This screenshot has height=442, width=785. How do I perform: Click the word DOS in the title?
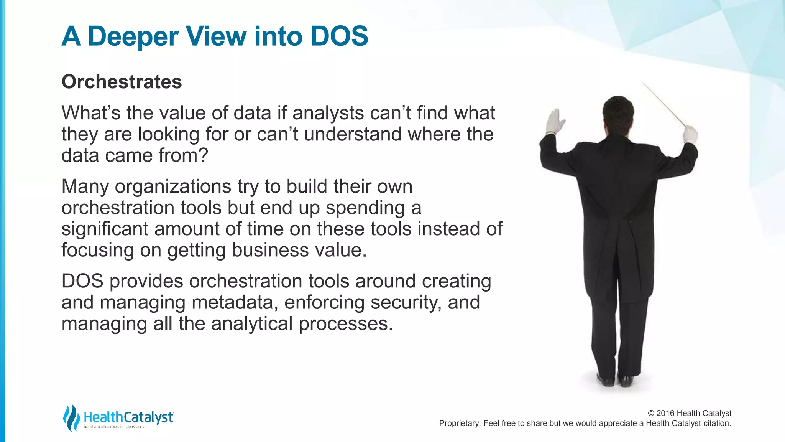click(339, 36)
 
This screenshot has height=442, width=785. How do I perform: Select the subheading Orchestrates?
click(122, 82)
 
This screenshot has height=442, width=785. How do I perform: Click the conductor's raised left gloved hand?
click(555, 121)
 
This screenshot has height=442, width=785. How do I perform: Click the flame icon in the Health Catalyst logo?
click(71, 418)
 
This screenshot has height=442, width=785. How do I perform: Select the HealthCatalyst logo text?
click(128, 417)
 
